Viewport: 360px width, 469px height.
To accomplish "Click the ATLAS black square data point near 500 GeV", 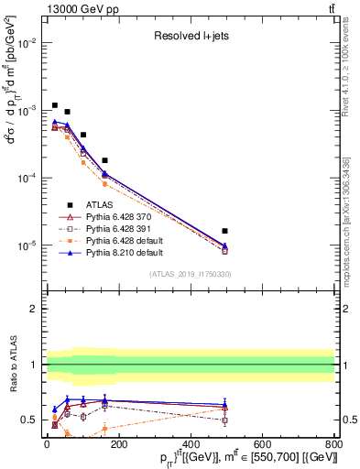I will click(x=224, y=231).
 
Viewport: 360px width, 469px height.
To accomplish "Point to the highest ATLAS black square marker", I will click(x=55, y=105).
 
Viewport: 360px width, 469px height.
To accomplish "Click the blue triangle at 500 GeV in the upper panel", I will click(x=224, y=245).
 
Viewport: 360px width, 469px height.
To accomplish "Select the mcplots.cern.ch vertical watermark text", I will click(x=353, y=211).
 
